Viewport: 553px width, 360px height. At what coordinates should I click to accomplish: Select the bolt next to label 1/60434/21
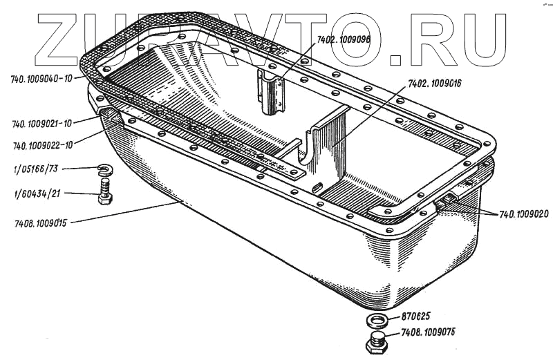[x=105, y=191]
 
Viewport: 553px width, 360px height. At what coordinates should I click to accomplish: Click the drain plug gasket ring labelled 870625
[x=376, y=321]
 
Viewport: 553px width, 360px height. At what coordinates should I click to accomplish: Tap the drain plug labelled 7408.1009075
[x=377, y=343]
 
